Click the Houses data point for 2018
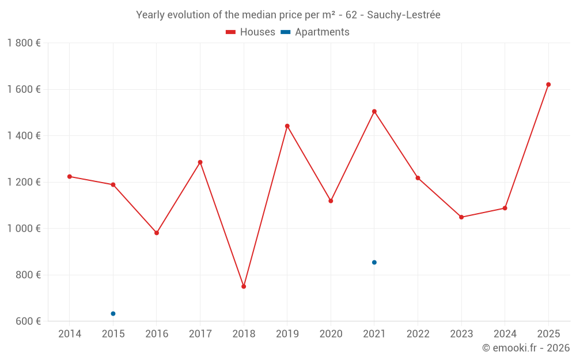pos(244,286)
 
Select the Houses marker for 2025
pos(548,85)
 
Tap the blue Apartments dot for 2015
pos(113,313)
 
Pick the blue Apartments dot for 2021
pos(374,262)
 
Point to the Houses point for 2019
pos(287,126)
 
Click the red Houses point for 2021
pos(374,111)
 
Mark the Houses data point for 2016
pos(157,233)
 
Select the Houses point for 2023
pos(461,217)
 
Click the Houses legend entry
pos(251,32)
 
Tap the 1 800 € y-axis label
pos(24,43)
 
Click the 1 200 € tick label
pos(24,182)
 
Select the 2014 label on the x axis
pos(70,334)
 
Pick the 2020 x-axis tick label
pos(331,334)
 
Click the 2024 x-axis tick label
pos(505,334)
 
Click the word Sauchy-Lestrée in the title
pos(407,15)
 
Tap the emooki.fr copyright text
pos(526,348)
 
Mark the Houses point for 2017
pos(200,162)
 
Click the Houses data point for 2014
pos(70,176)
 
